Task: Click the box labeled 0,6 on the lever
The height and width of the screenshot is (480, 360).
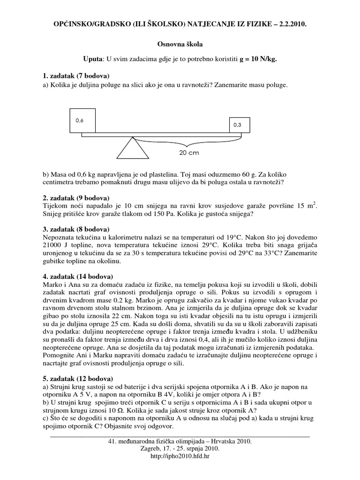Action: [82, 120]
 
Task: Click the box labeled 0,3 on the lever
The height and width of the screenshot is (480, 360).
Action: [239, 125]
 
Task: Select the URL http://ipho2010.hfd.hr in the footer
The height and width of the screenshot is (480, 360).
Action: [180, 455]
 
